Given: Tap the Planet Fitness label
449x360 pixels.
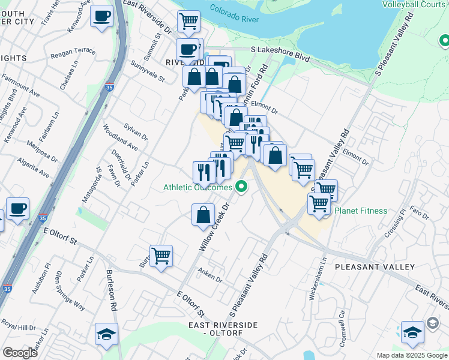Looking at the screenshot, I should tap(361, 211).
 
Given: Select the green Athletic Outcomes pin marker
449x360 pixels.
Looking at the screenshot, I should tap(242, 187).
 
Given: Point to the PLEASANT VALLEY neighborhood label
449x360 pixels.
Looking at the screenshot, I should tap(375, 266).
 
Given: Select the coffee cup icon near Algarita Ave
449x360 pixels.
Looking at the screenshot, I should tap(17, 209).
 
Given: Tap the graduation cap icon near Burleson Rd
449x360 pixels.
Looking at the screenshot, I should tap(106, 334).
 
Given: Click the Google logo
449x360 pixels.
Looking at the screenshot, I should tap(20, 353).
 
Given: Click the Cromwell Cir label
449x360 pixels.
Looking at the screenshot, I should tap(342, 320).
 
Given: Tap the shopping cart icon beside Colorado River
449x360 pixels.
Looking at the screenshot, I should tap(189, 21).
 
